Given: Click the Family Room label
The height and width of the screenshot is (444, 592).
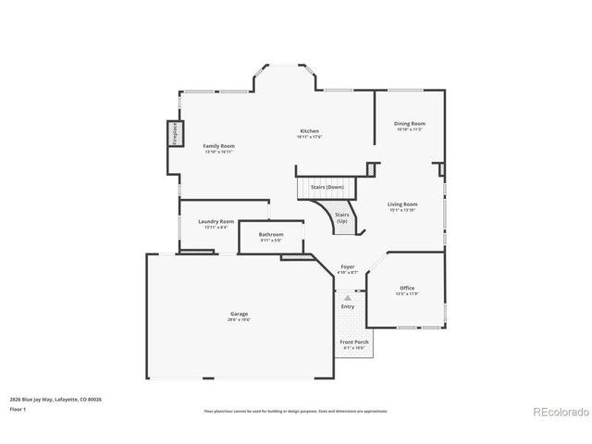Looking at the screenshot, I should click(x=219, y=146).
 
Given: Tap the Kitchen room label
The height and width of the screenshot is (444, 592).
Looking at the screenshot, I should click(x=309, y=130).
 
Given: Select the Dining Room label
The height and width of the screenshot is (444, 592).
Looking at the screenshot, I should click(x=409, y=123).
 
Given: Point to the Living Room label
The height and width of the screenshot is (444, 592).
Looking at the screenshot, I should click(x=402, y=204).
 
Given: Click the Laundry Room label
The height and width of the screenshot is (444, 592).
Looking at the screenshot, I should click(x=216, y=222).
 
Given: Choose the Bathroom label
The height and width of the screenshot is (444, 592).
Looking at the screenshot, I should click(x=271, y=235).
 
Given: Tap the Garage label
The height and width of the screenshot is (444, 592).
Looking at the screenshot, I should click(x=239, y=314).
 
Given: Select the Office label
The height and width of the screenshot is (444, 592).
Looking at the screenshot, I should click(x=407, y=288).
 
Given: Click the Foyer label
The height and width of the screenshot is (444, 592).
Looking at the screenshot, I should click(x=348, y=267).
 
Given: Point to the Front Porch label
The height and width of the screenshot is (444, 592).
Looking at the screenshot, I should click(x=353, y=341).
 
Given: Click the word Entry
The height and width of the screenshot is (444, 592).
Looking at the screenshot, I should click(x=347, y=306).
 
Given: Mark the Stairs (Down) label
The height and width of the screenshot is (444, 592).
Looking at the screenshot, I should click(x=327, y=187).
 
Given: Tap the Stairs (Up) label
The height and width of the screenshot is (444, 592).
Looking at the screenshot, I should click(x=342, y=219).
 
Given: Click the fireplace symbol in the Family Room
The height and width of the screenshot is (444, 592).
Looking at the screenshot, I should click(x=173, y=133).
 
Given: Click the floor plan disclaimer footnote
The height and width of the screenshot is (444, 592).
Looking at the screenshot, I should click(x=296, y=411).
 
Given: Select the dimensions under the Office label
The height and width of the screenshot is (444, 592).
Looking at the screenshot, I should click(x=407, y=294).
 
